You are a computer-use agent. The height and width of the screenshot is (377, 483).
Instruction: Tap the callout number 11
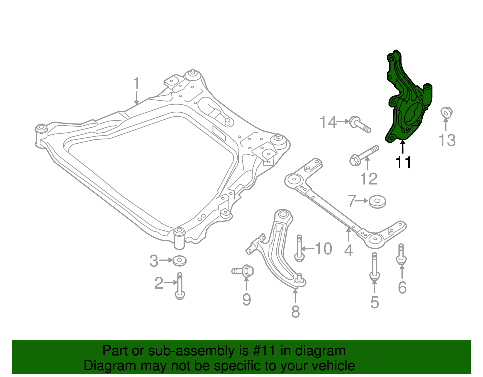click(x=403, y=162)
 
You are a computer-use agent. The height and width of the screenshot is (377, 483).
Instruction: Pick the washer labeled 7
click(x=377, y=202)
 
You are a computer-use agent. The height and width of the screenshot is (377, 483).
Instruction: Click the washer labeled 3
click(x=179, y=260)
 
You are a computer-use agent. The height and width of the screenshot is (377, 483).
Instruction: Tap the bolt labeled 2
click(x=180, y=286)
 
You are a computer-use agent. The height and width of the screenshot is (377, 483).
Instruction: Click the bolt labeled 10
click(x=299, y=249)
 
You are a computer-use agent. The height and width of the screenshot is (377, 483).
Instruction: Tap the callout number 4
click(x=349, y=251)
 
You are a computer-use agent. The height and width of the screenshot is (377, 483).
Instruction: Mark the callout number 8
click(x=296, y=312)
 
